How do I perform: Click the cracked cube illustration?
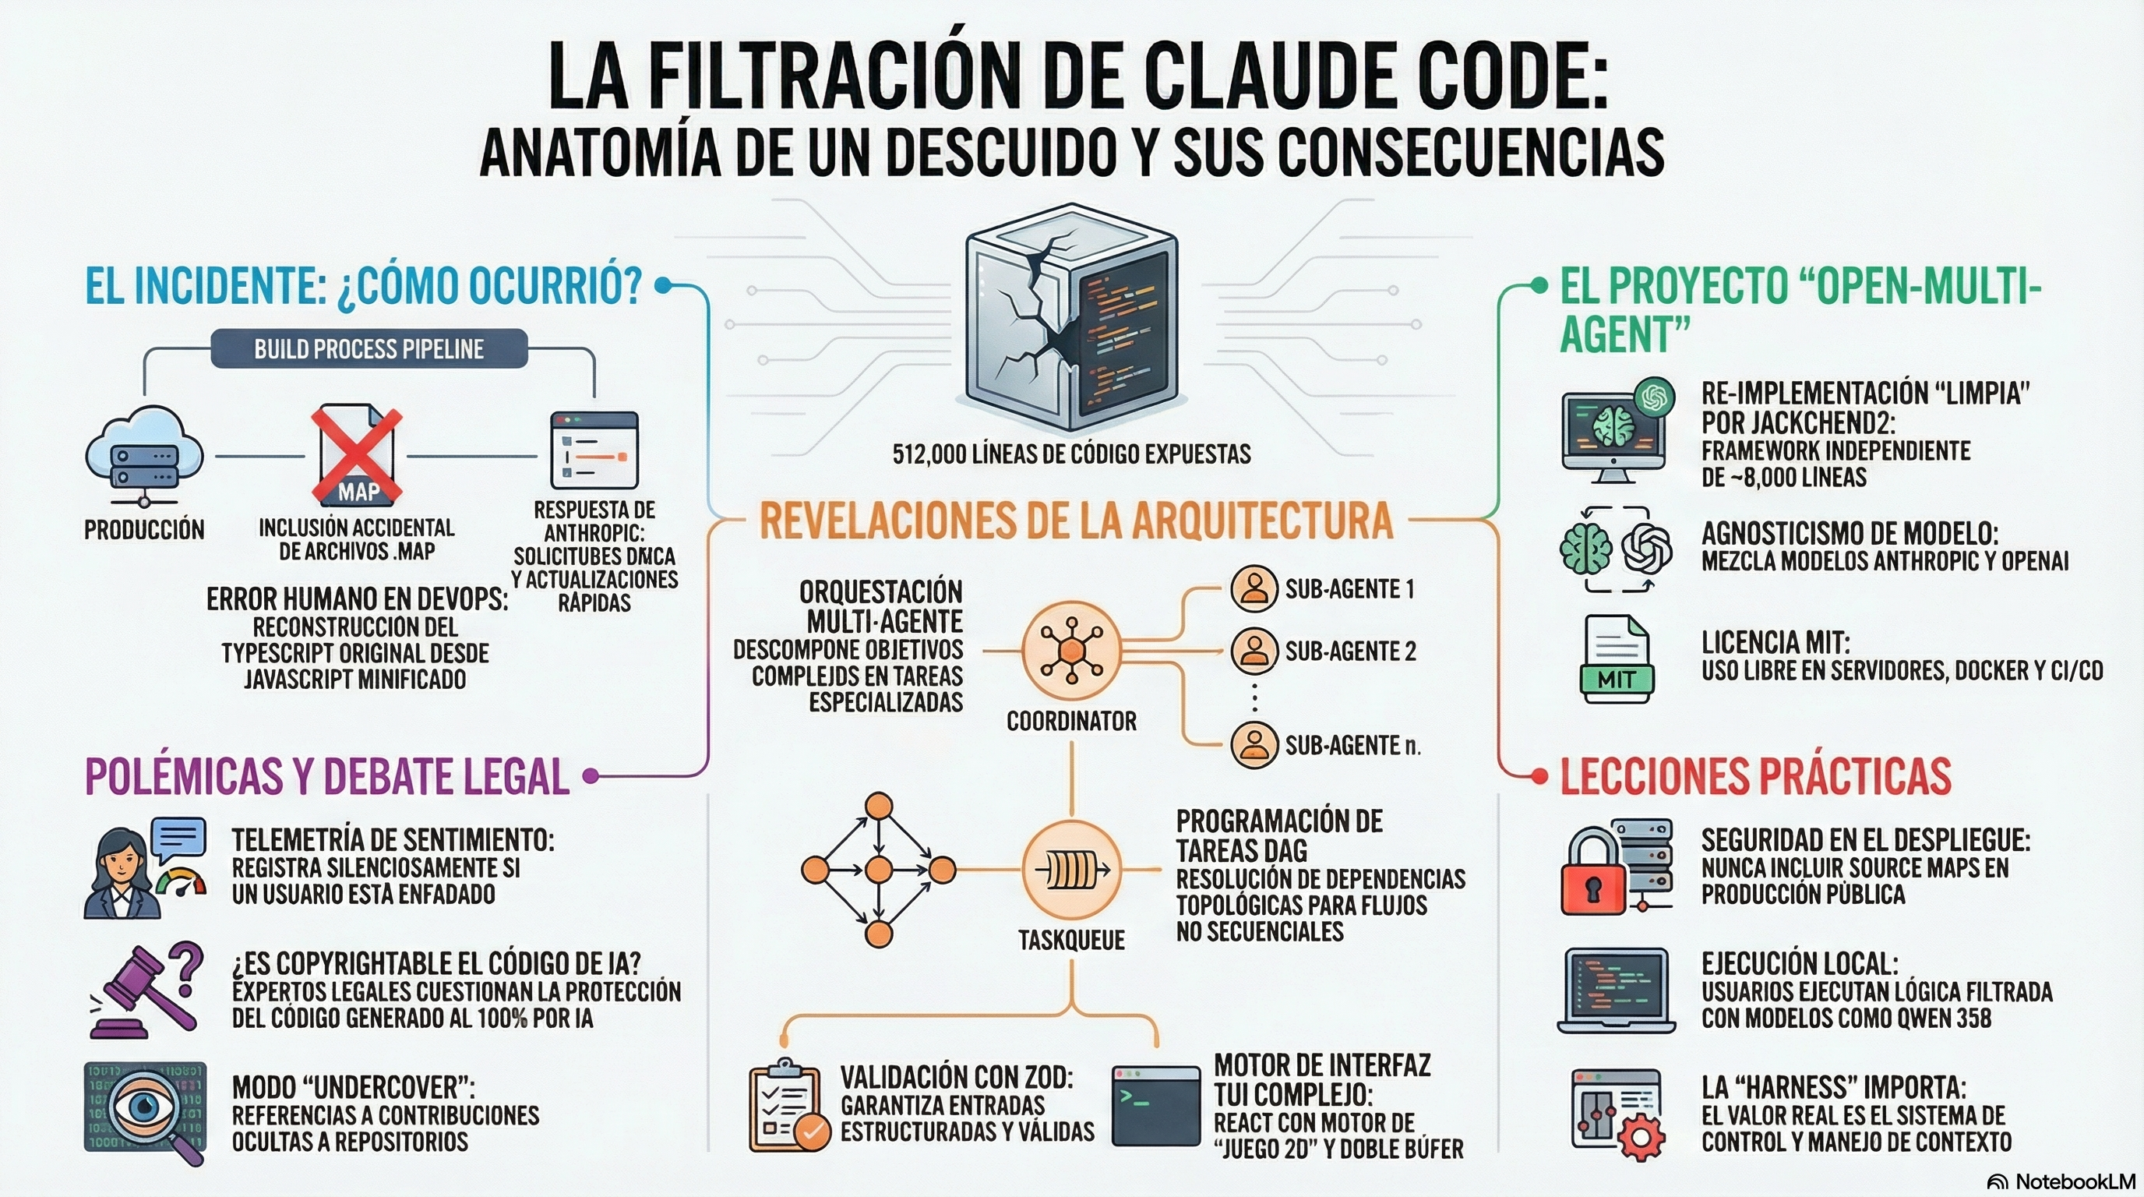1071,318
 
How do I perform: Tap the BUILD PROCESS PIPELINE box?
368,349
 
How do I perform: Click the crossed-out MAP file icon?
357,456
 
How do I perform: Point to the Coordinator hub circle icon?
1071,650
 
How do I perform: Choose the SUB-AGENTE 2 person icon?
1254,650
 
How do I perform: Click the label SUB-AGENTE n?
1352,745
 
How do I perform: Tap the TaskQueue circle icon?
1071,870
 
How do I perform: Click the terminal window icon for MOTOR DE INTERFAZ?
1156,1107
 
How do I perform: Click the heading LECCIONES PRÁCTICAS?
1755,776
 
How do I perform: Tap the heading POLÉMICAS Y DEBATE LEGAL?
327,776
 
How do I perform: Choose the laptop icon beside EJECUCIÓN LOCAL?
1616,990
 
